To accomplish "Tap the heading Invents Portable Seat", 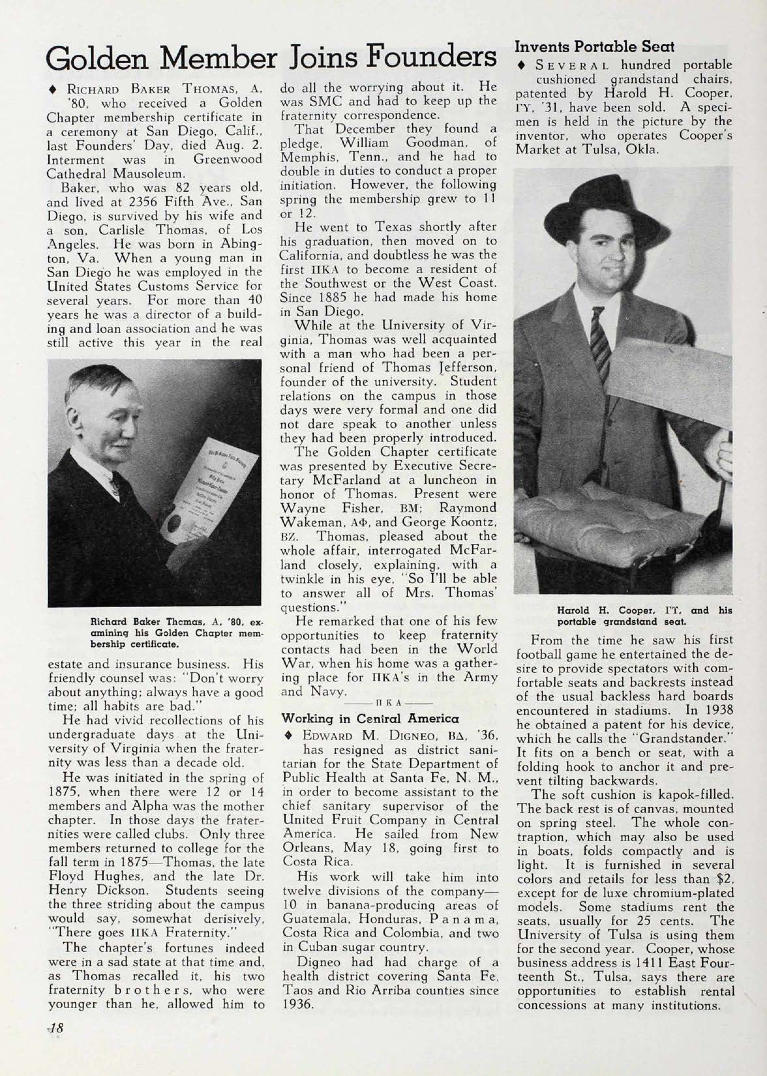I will coord(594,47).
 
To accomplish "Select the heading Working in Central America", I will coord(370,719).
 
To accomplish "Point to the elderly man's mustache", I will coord(122,443).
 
